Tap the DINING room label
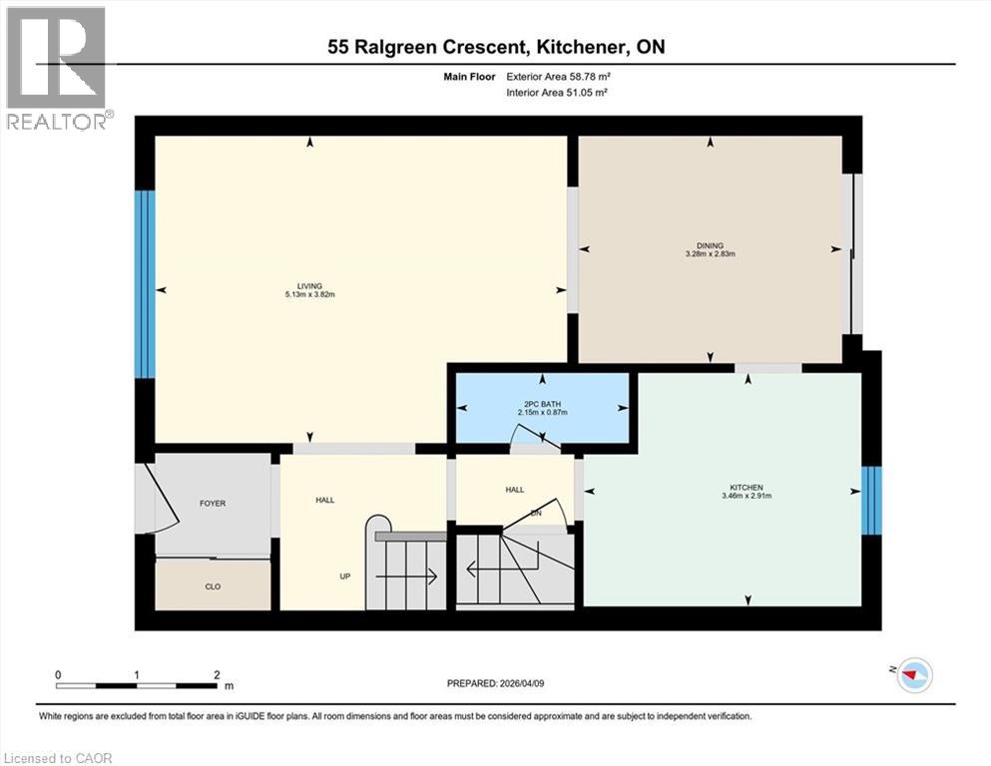coord(711,245)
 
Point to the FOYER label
coord(212,504)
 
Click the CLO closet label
coord(213,586)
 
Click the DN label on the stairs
coord(535,513)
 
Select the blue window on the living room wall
coord(146,284)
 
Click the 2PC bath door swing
coord(529,435)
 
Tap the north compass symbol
coord(913,674)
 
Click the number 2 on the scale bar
coord(217,675)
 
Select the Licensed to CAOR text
coord(58,758)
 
